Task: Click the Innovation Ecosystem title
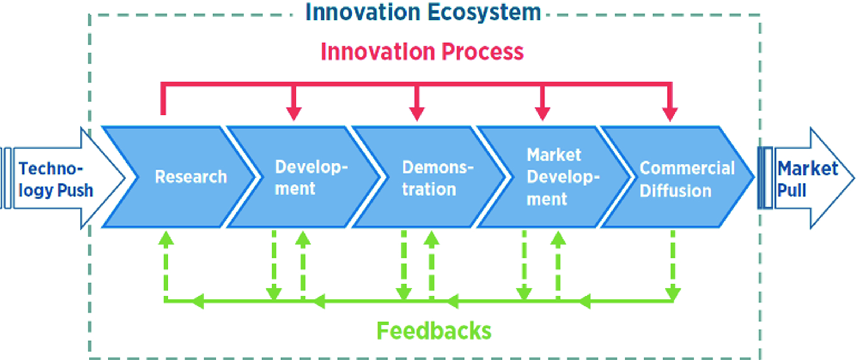click(423, 12)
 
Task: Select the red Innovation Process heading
click(422, 52)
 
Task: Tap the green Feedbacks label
click(434, 330)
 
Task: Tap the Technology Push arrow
click(63, 178)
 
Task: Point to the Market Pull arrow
click(806, 178)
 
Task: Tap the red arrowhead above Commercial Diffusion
click(669, 114)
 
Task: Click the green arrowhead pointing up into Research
click(166, 238)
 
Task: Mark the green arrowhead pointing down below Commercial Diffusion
click(673, 294)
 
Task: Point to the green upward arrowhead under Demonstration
click(431, 238)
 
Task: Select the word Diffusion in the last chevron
click(675, 190)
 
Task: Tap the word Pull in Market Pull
click(792, 190)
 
